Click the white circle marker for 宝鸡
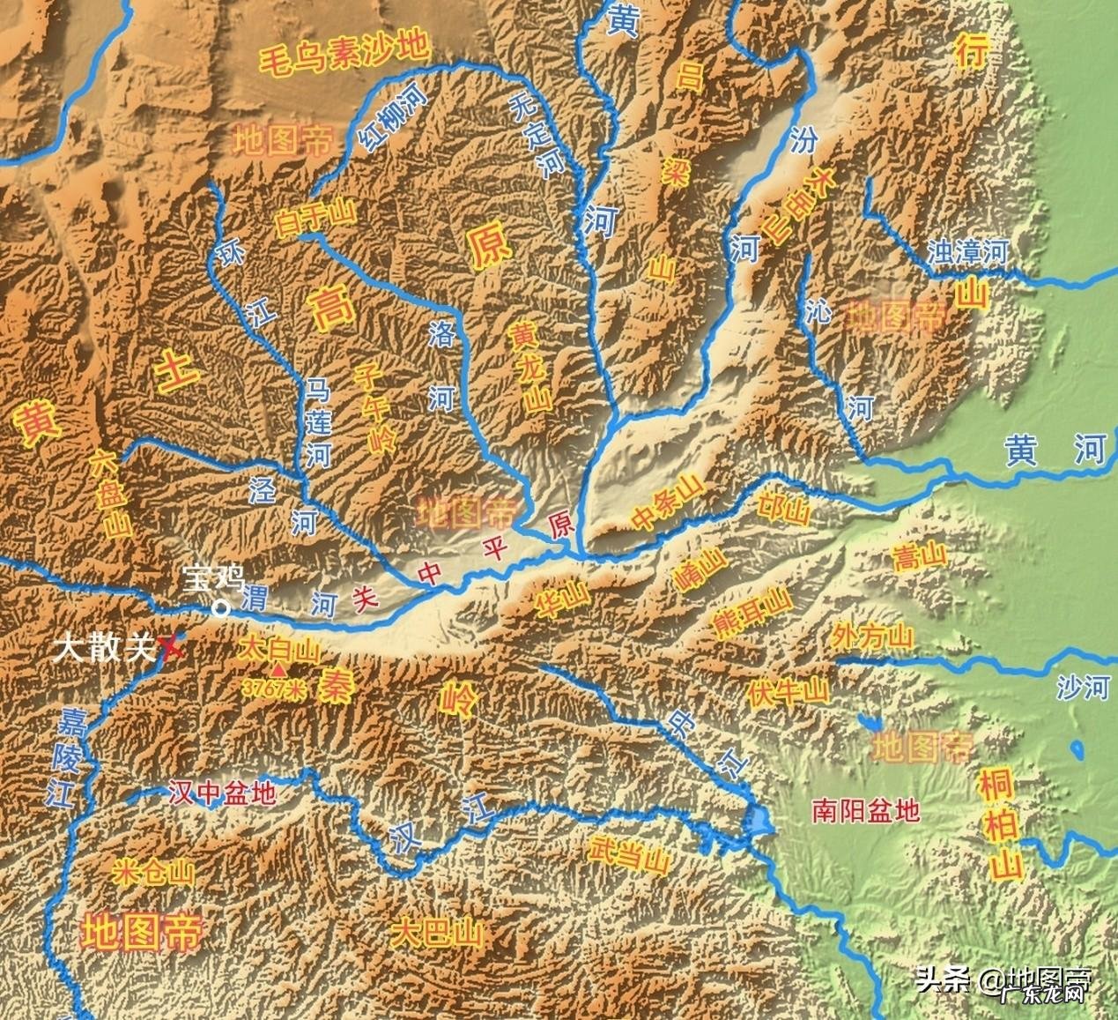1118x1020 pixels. [220, 607]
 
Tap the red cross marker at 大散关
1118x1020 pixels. [173, 649]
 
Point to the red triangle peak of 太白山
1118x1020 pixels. [279, 671]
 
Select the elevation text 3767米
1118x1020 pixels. [273, 689]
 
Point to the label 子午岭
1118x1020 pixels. [374, 409]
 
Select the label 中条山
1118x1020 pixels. [669, 510]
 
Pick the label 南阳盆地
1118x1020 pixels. [866, 809]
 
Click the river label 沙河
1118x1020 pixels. [1083, 686]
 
